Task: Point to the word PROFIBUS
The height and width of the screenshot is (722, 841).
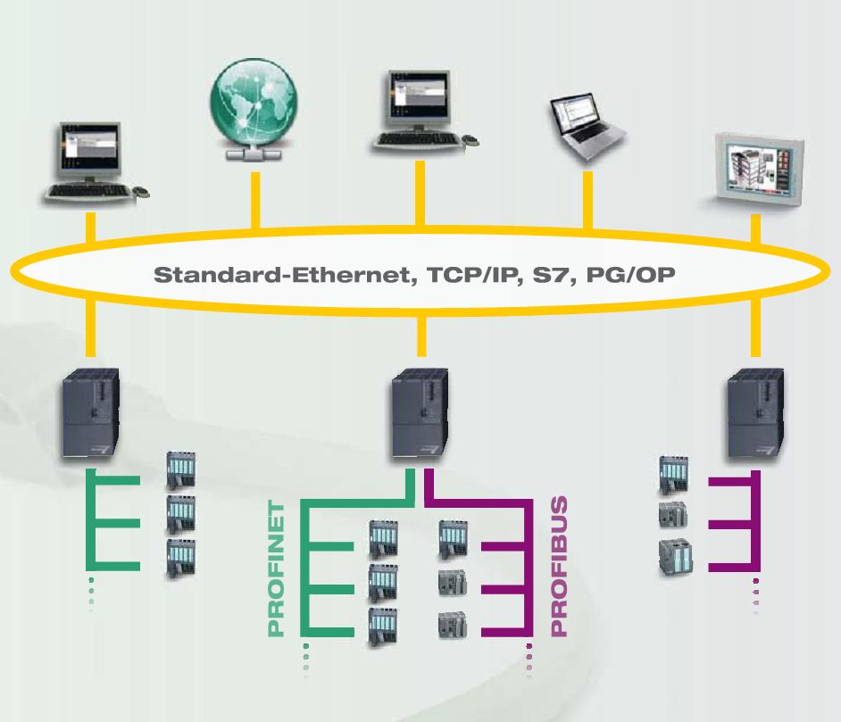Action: pos(559,571)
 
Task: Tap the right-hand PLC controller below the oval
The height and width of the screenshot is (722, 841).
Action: pos(755,416)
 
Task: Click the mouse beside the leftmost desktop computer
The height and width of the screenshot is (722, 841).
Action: pos(142,192)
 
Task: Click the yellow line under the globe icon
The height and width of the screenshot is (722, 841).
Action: pos(254,198)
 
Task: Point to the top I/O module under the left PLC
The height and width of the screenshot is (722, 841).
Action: pos(181,471)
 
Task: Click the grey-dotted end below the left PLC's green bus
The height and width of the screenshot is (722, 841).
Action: pos(91,591)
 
